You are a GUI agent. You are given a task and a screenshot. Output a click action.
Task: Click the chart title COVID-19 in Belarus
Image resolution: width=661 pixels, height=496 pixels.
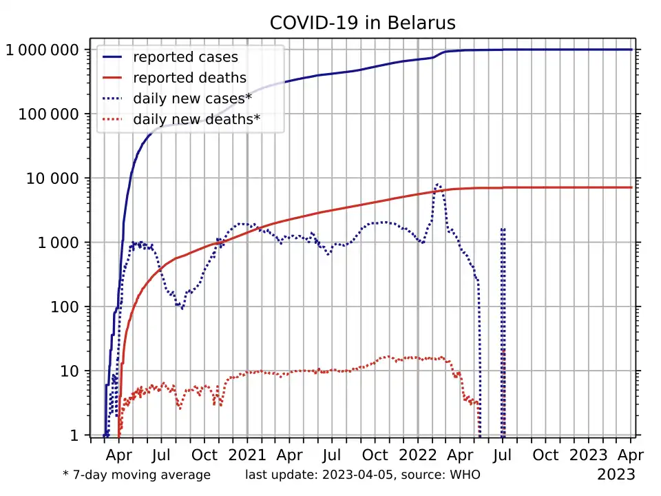[363, 23]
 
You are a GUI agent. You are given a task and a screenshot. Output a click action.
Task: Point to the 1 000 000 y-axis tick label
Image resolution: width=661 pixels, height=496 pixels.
[42, 50]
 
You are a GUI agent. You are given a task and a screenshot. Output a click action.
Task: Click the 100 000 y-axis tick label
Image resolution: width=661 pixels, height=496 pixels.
[48, 114]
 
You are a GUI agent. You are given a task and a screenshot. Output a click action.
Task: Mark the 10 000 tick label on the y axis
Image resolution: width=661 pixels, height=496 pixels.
[52, 178]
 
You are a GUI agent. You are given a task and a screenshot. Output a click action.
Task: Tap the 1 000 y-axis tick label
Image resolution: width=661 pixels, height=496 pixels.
[58, 242]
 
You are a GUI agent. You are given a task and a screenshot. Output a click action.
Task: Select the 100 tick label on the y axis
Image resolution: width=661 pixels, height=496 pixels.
[65, 307]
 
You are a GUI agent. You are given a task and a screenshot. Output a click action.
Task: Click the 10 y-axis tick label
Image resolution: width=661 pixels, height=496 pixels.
[69, 371]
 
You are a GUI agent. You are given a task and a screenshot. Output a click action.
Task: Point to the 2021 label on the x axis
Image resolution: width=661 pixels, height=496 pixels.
[247, 455]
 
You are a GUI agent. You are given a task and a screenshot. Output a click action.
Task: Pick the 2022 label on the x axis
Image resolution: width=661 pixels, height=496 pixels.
[417, 455]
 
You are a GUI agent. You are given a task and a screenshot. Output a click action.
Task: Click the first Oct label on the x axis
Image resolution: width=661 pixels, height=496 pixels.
[204, 455]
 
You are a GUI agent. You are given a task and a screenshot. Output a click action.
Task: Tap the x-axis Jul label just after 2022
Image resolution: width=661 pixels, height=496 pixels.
[502, 455]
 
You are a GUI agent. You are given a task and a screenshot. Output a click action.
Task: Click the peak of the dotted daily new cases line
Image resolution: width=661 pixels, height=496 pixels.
[439, 185]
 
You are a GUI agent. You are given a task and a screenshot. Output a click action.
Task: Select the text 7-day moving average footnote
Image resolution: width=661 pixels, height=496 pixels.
[142, 475]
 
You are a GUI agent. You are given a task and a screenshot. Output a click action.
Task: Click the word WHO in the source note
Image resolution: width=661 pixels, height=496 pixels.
[465, 475]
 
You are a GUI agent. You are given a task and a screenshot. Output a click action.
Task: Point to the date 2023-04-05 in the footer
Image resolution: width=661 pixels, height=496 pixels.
[358, 475]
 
